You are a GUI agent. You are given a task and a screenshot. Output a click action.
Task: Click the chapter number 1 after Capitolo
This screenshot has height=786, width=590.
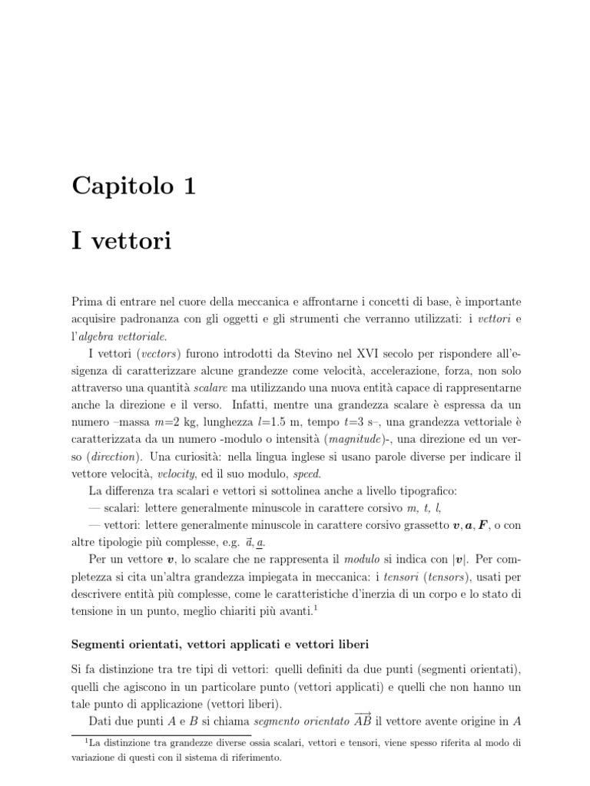(x=187, y=185)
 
